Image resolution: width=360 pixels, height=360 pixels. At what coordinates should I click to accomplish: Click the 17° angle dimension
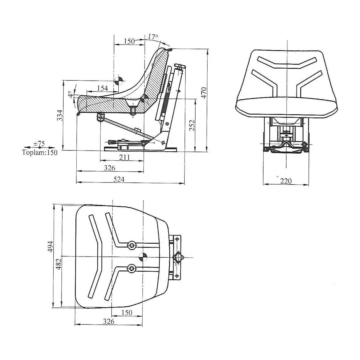point(153,37)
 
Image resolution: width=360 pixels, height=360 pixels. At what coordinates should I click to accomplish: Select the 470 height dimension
point(204,92)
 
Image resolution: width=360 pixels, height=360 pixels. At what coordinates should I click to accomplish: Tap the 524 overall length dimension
point(119,180)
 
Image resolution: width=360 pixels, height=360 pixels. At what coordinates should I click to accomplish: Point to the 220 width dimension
point(286,181)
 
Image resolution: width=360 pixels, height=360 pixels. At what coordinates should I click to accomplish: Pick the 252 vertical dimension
point(191,125)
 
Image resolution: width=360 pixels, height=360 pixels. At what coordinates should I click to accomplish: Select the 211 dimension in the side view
point(124,157)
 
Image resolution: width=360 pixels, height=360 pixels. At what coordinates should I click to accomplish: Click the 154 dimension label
point(102,88)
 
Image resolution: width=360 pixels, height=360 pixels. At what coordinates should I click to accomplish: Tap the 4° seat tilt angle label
point(70,94)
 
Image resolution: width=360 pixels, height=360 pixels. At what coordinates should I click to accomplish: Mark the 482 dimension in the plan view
point(58,264)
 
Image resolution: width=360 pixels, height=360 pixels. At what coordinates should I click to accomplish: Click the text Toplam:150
point(40,152)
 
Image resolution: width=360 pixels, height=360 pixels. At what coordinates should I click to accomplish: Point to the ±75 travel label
point(39,143)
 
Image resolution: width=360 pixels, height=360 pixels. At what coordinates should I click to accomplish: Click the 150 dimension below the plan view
point(127,313)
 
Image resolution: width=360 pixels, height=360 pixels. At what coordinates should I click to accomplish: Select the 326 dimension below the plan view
point(108,321)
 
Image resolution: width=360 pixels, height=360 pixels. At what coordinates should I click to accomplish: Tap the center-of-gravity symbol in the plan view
point(143,257)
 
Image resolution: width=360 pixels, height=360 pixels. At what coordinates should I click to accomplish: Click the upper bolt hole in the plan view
point(132,245)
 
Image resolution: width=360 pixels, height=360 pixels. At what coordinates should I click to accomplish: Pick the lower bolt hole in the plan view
point(132,268)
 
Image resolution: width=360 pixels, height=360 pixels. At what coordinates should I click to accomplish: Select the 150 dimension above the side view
point(129,41)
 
